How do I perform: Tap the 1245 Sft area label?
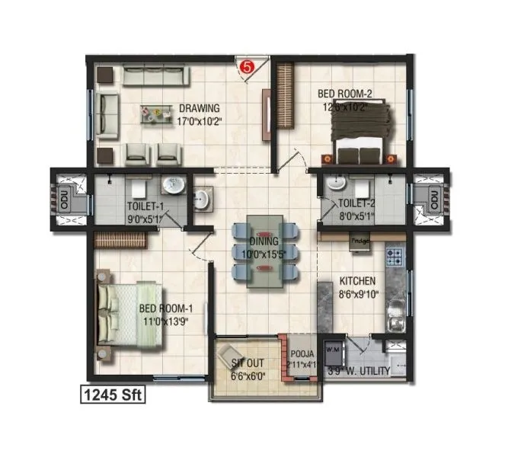pos(110,395)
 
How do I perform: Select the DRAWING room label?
pos(200,107)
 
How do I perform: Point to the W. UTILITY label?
pos(369,371)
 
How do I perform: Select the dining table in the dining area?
pos(264,251)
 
